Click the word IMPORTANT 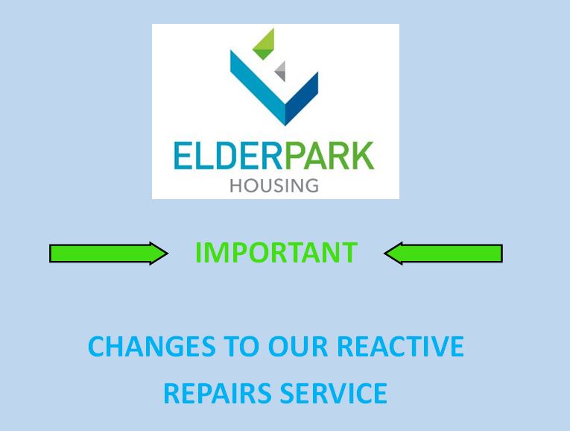pyautogui.click(x=276, y=253)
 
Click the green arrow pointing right pyautogui.click(x=108, y=253)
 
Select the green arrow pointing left pyautogui.click(x=443, y=253)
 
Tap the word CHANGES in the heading pyautogui.click(x=152, y=346)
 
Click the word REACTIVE pyautogui.click(x=400, y=346)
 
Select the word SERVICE pyautogui.click(x=333, y=393)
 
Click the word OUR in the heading pyautogui.click(x=298, y=346)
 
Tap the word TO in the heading pyautogui.click(x=241, y=346)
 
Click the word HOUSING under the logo pyautogui.click(x=274, y=186)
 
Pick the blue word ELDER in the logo pyautogui.click(x=228, y=156)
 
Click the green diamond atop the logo pyautogui.click(x=265, y=44)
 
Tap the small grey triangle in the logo pyautogui.click(x=280, y=72)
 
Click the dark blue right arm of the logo pyautogui.click(x=302, y=99)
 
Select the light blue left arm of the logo pyautogui.click(x=258, y=88)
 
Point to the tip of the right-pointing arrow pyautogui.click(x=168, y=253)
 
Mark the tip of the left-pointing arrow pyautogui.click(x=384, y=253)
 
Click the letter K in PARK pyautogui.click(x=364, y=156)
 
